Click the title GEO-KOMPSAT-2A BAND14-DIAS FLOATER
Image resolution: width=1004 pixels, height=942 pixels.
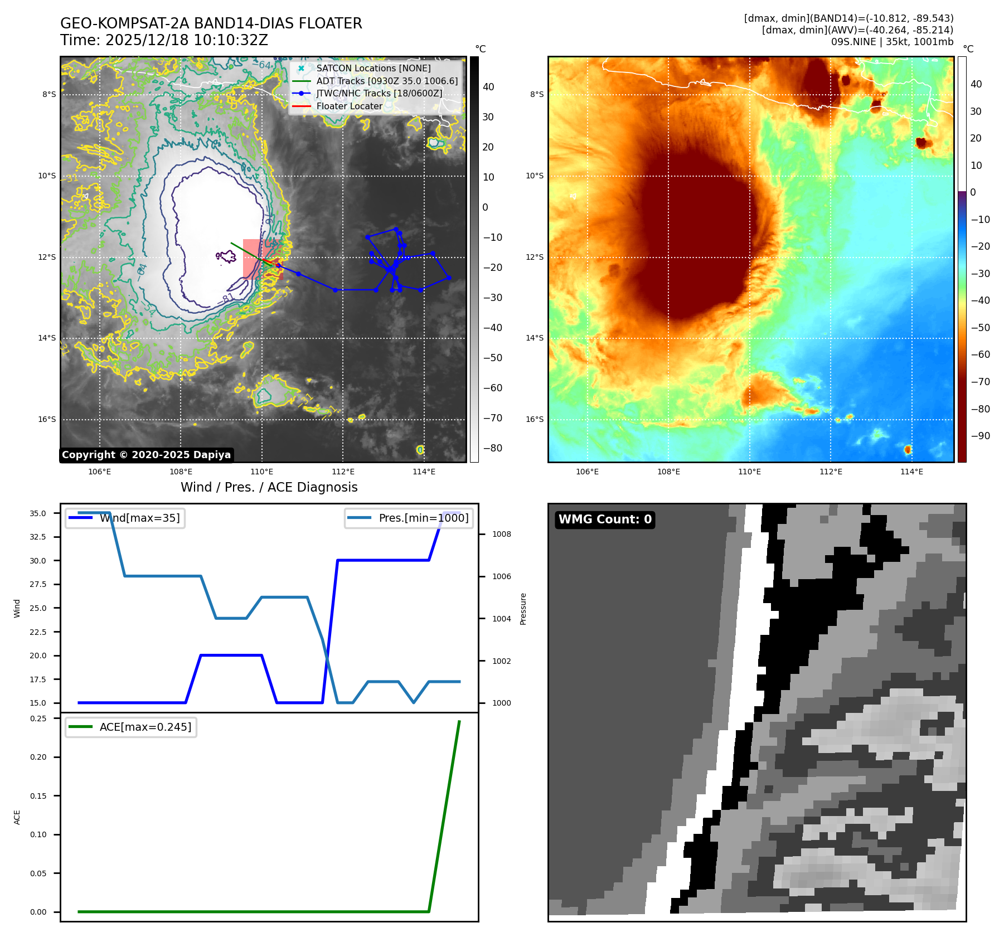pos(211,23)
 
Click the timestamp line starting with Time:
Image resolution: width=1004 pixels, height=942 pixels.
pos(164,40)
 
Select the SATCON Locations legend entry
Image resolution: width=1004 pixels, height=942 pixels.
pos(373,68)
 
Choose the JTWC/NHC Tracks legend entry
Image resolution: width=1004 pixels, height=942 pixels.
pos(379,93)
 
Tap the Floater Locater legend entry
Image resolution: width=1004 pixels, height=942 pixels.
pos(349,106)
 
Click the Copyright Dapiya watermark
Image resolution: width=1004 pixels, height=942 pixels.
pos(146,455)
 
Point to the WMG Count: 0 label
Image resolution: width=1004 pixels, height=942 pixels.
pos(605,519)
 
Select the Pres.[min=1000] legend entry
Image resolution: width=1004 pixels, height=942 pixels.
pos(423,518)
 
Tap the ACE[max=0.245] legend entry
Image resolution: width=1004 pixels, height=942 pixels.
pos(145,727)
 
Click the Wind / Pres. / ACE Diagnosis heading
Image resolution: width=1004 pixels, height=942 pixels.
pos(269,487)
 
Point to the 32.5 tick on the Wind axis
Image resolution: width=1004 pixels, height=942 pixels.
pos(38,537)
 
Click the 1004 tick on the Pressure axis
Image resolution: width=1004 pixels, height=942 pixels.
pos(501,619)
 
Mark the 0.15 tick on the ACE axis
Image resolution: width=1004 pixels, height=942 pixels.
pos(38,796)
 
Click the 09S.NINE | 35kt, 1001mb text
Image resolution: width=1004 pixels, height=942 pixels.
pos(892,42)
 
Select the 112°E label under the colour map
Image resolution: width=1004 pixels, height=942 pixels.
pos(830,472)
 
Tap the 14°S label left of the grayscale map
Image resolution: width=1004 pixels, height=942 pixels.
pos(47,338)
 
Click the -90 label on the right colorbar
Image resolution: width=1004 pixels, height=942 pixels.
pos(980,436)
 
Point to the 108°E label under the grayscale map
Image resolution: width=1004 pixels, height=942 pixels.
pos(181,472)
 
